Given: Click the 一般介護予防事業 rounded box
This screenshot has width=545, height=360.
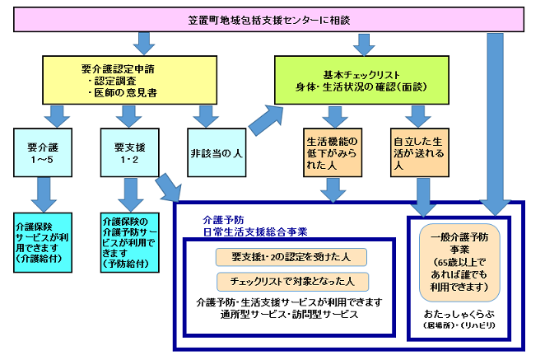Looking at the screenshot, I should pyautogui.click(x=459, y=262).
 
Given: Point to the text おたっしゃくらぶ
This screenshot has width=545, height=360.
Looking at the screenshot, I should pyautogui.click(x=456, y=315).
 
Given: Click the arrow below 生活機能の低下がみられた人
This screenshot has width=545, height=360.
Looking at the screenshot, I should pyautogui.click(x=333, y=191).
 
